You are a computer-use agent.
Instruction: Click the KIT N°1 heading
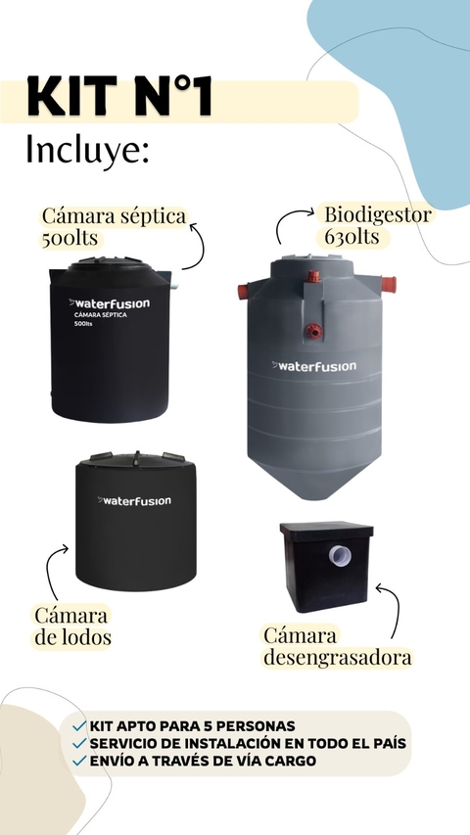119,96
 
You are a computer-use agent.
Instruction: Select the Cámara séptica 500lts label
114,227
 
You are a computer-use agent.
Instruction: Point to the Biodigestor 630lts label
377,225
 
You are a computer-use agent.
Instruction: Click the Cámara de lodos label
71,626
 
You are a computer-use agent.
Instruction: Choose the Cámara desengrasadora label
337,646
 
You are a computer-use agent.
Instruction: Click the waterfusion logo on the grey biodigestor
314,366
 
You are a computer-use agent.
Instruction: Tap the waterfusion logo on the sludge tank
134,500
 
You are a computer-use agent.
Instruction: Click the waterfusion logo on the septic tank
110,303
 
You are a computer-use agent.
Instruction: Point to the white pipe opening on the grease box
340,555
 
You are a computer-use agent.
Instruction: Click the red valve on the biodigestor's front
314,331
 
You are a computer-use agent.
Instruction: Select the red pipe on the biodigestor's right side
389,284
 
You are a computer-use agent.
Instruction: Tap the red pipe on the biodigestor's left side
243,292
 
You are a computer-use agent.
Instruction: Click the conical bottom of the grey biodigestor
314,479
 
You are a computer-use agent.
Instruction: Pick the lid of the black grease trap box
327,530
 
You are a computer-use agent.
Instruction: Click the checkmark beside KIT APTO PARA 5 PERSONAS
79,725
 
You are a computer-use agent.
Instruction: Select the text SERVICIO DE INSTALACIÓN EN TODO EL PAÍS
248,743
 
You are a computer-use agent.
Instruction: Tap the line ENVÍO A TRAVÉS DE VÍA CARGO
203,761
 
